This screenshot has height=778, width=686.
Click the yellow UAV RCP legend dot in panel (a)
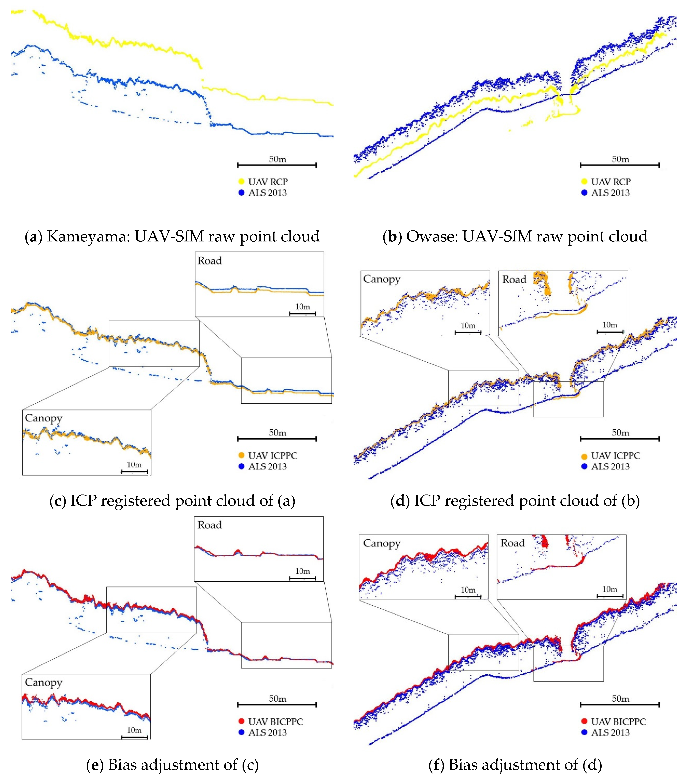coord(241,182)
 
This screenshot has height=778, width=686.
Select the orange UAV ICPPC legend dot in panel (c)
coord(241,455)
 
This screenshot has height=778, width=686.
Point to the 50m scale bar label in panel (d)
coord(620,433)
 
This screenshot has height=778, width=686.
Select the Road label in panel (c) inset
coord(209,261)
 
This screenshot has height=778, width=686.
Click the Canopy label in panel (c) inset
coord(43,418)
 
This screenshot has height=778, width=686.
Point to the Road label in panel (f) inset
coord(513,543)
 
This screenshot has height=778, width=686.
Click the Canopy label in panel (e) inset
coord(43,682)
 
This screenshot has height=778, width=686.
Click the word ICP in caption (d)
coord(426,501)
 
